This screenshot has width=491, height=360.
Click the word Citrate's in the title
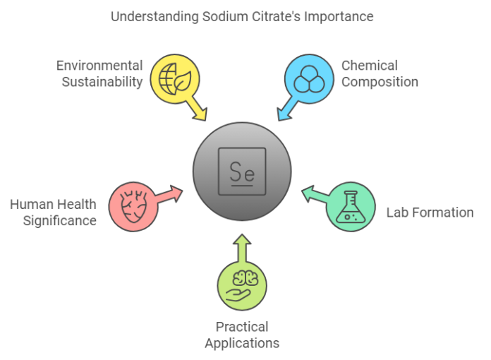(279, 16)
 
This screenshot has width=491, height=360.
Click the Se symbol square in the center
(242, 172)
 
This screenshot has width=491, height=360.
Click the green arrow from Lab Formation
(315, 193)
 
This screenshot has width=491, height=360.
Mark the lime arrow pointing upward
(242, 248)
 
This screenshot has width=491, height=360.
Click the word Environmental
(99, 65)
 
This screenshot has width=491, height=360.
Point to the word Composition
(380, 82)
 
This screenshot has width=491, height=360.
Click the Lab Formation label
(430, 212)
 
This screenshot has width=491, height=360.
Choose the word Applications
(242, 344)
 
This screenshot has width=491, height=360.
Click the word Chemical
(370, 65)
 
